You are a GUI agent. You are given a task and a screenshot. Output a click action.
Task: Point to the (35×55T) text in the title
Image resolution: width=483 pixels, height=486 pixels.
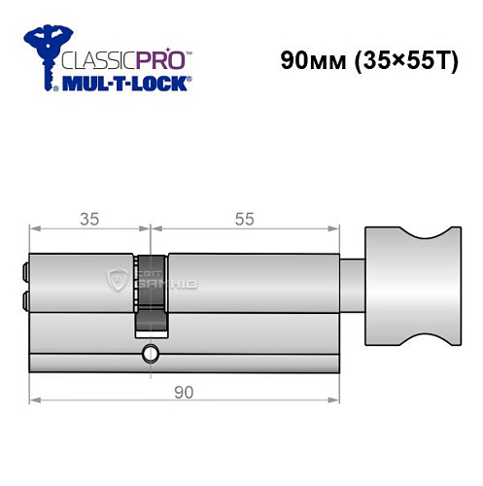[x=407, y=59]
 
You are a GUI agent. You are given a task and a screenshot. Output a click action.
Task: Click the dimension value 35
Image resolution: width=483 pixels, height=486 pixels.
[x=88, y=219]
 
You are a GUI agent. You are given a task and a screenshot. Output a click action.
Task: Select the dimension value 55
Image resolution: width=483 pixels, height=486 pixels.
[x=244, y=219]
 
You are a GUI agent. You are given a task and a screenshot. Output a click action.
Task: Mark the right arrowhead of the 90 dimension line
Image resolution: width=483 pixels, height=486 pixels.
[x=339, y=399]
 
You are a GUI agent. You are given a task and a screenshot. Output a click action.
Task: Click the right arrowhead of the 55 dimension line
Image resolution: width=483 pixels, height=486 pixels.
[x=339, y=230]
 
